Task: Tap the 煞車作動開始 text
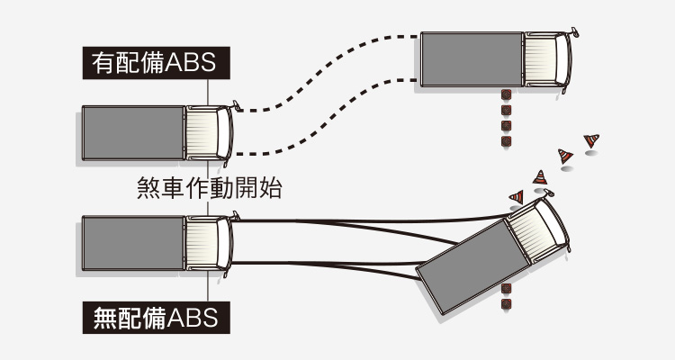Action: pos(208,187)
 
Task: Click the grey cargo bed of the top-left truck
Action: pos(133,133)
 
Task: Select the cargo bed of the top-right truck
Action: pos(472,59)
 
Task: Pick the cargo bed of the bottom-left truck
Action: pos(133,242)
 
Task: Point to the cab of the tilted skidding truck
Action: pos(539,229)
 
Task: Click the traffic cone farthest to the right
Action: pos(591,140)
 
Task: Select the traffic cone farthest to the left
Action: pos(517,196)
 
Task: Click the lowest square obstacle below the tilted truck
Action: pos(506,305)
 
